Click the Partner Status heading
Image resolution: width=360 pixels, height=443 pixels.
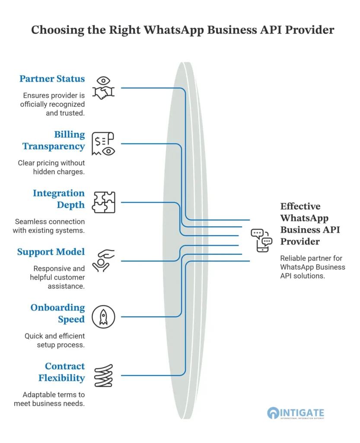(52, 79)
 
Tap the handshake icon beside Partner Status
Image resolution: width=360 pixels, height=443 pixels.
(104, 93)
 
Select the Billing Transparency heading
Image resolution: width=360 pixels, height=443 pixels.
(54, 141)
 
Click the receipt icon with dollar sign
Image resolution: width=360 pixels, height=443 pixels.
(103, 144)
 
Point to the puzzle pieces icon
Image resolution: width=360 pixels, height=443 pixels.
(104, 202)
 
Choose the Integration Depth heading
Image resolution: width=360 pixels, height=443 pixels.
(59, 199)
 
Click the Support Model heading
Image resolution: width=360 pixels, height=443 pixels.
(51, 252)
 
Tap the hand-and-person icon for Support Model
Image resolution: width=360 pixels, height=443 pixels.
(103, 260)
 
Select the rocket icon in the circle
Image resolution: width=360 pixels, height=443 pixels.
(104, 317)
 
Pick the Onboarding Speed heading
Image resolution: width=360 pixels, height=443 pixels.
(57, 313)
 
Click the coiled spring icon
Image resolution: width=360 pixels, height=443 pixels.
(104, 376)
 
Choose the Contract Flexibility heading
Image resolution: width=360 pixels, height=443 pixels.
(61, 372)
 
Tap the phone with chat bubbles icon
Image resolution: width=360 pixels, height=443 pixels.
(261, 241)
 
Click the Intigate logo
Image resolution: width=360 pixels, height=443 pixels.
(296, 413)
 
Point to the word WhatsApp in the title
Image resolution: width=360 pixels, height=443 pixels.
(174, 30)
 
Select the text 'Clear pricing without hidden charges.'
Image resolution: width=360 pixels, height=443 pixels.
(51, 167)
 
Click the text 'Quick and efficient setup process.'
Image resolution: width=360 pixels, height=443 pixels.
(55, 340)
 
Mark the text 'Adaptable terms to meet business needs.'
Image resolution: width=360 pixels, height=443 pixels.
(49, 399)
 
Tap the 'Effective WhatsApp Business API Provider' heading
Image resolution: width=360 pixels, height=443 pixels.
(310, 224)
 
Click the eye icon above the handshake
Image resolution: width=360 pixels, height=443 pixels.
(103, 80)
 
